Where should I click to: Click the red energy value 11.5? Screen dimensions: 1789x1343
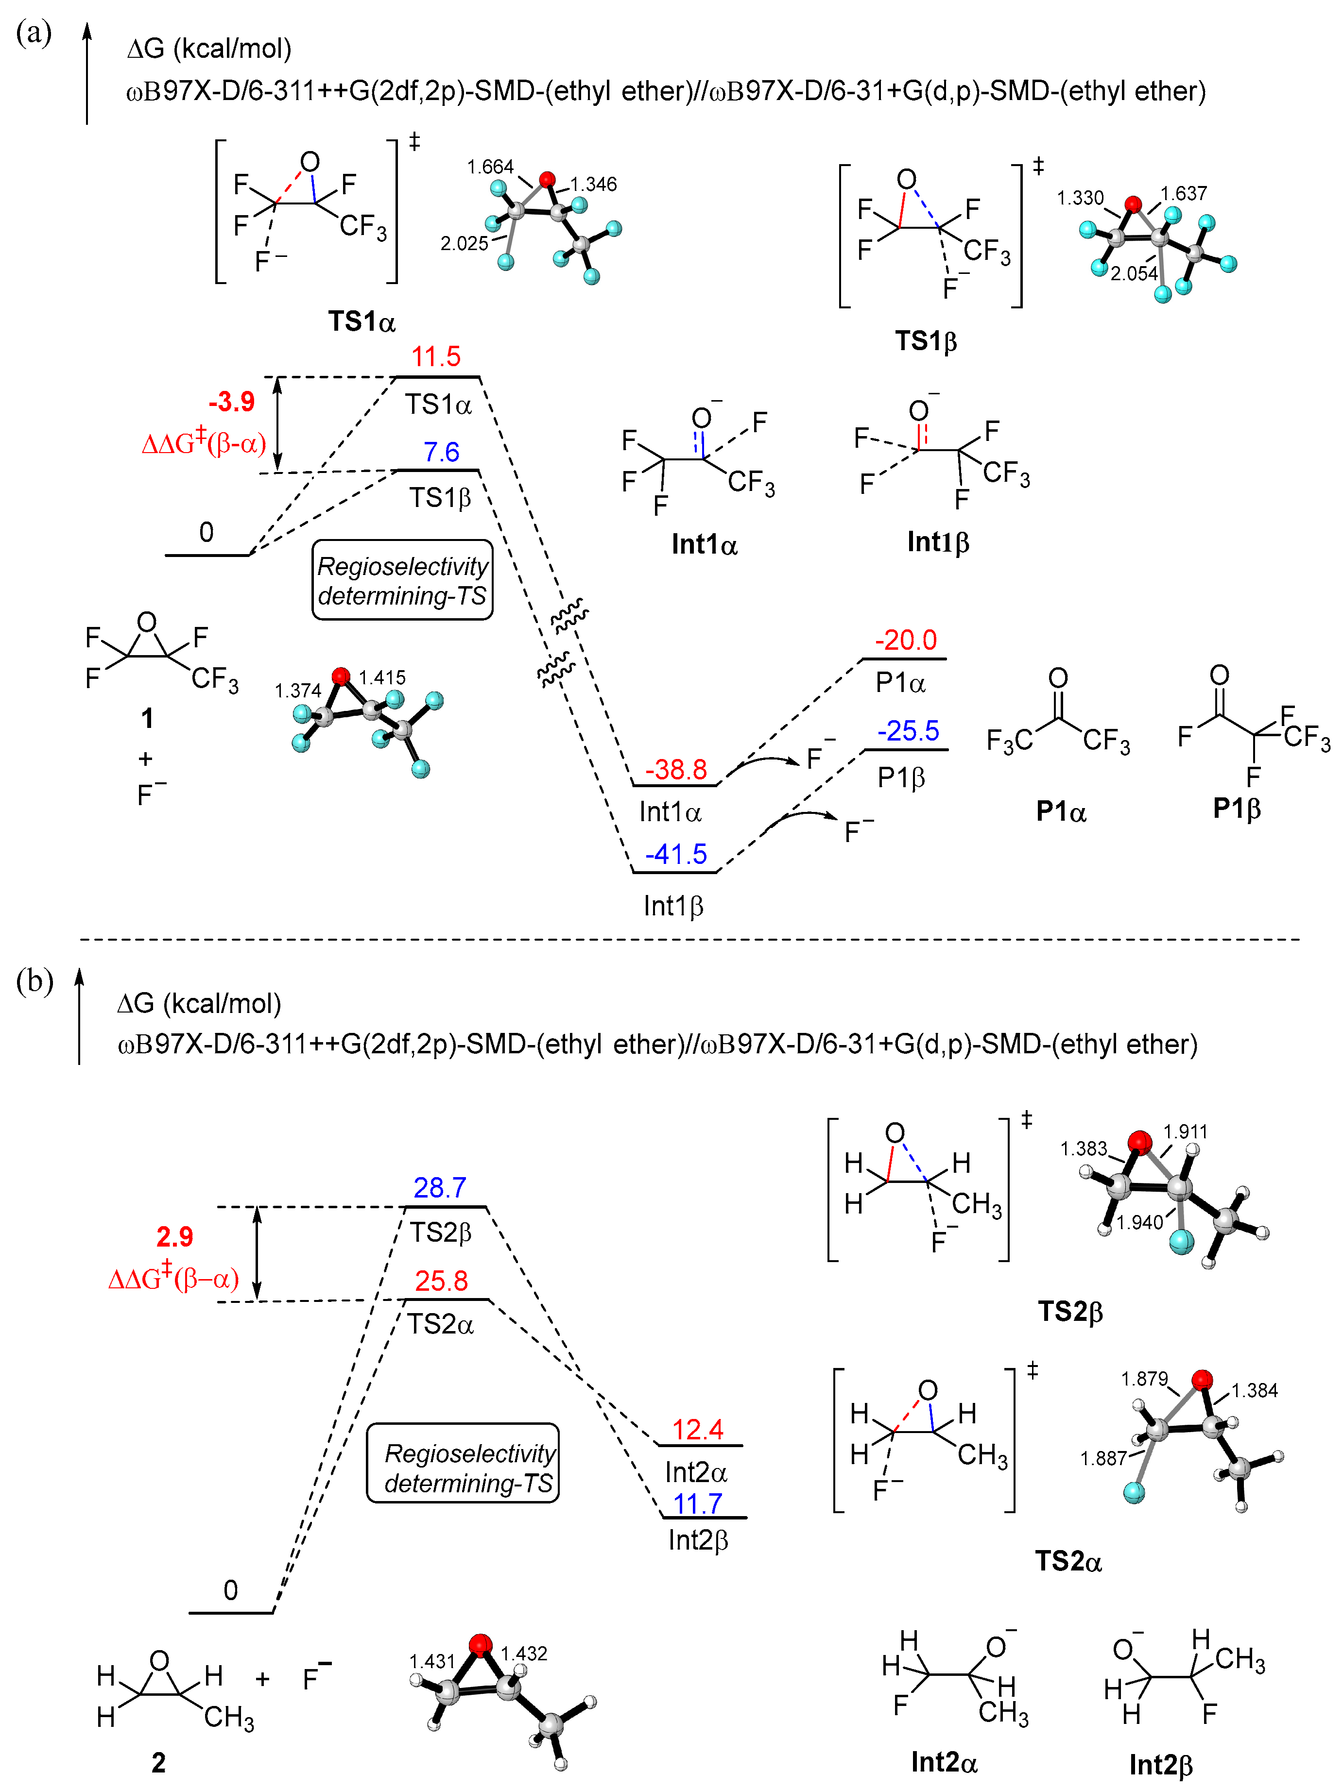(x=435, y=356)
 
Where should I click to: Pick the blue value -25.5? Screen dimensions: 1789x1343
(x=908, y=731)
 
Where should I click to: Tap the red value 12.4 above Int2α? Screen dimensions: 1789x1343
(x=697, y=1430)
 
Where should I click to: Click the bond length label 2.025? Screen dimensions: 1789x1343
(x=465, y=243)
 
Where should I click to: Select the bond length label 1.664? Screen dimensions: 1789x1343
(x=490, y=168)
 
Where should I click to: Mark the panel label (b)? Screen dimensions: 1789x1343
(x=34, y=980)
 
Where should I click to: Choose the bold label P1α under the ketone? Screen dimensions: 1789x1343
(x=1061, y=811)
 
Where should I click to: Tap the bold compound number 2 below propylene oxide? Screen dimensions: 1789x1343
(x=158, y=1762)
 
